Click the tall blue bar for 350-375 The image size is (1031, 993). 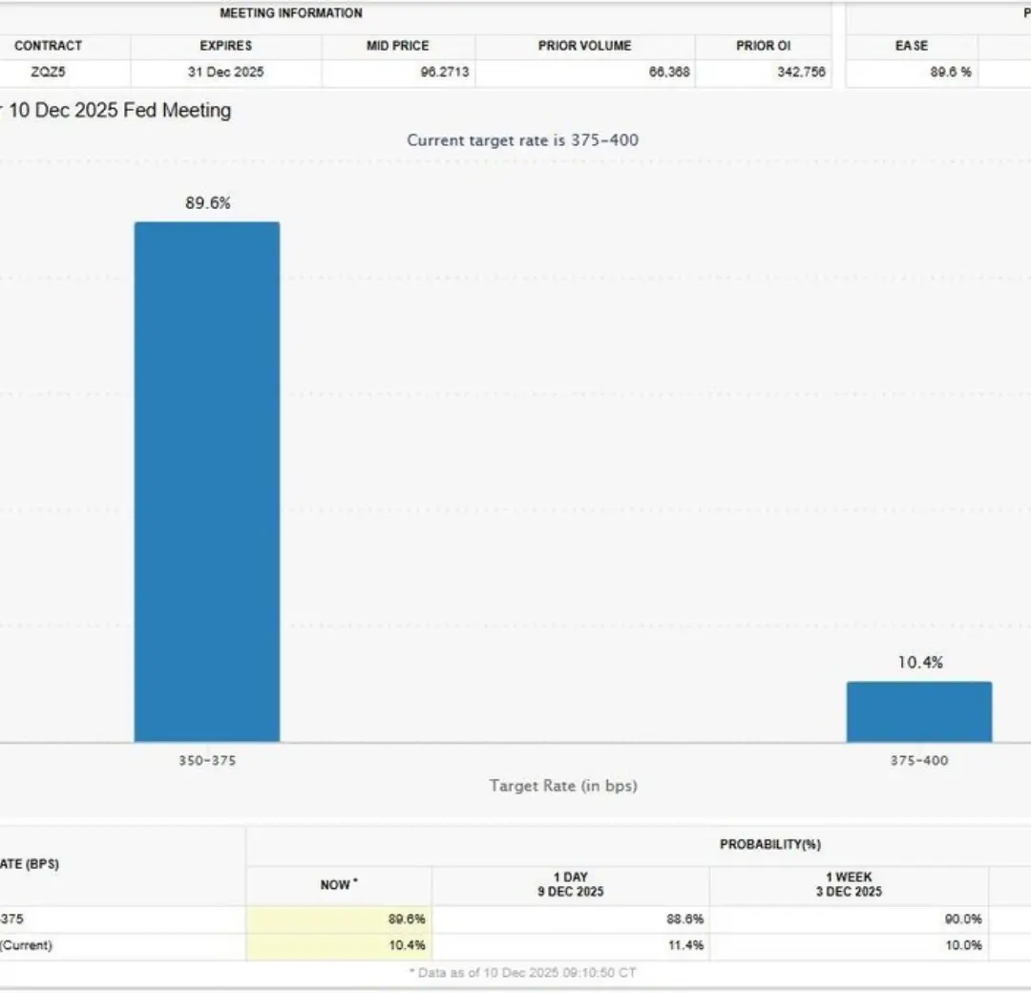(207, 481)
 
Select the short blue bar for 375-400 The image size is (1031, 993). (919, 711)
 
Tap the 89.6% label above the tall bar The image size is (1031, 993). (208, 202)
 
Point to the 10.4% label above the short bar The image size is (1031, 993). (920, 662)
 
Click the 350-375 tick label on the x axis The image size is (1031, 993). (207, 760)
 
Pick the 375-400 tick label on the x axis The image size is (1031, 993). (919, 760)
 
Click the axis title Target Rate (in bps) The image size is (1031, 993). (563, 786)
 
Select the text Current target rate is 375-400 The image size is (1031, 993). (523, 140)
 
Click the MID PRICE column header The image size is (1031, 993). (398, 46)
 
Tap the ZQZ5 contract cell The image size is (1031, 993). (49, 72)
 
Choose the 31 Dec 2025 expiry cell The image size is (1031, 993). (226, 72)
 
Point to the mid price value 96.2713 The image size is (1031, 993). (445, 72)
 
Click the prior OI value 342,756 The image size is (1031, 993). (801, 72)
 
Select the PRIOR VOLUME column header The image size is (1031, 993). (584, 46)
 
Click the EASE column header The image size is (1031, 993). (912, 46)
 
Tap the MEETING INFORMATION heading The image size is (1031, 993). (291, 13)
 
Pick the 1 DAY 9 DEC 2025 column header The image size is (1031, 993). (570, 884)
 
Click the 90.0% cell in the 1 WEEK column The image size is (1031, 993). (963, 919)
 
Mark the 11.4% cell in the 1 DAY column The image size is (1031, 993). (686, 945)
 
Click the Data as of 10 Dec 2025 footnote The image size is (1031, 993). (522, 973)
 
